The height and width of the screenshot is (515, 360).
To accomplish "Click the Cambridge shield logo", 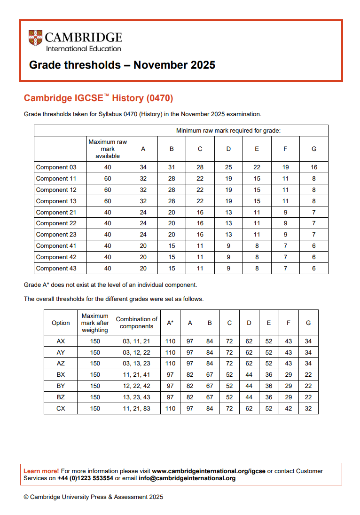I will pos(35,38).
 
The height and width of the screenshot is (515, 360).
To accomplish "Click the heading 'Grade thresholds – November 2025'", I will pos(122,65).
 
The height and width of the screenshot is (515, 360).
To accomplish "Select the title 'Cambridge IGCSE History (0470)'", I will pos(99,98).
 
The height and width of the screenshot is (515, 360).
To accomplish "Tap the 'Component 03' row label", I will pos(56,167).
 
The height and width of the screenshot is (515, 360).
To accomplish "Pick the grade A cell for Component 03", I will pos(143,167).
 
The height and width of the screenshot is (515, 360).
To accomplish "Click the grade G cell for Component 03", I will pos(314,167).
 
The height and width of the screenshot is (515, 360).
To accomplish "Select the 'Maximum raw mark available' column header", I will pos(108,149).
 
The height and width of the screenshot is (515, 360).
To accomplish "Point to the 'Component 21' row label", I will pos(56,212).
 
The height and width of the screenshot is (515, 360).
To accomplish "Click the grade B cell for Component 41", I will pos(172,246).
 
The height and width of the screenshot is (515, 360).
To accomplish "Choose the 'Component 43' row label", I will pos(56,269).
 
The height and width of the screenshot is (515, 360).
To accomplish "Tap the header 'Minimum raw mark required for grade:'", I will pos(228,131).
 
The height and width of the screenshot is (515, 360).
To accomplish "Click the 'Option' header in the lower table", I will pos(61,323).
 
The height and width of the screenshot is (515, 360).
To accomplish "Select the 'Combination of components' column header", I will pos(137,323).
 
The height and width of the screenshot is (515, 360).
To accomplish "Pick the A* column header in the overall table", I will pos(170,323).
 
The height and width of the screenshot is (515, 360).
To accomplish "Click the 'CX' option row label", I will pos(61,409).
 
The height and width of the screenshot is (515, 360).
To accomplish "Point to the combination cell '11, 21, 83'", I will pos(137,409).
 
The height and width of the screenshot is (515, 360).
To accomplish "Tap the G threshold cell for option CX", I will pos(308,409).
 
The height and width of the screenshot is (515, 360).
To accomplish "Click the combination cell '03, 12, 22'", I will pos(137,352).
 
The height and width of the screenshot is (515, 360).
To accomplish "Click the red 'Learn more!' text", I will pos(41,471).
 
